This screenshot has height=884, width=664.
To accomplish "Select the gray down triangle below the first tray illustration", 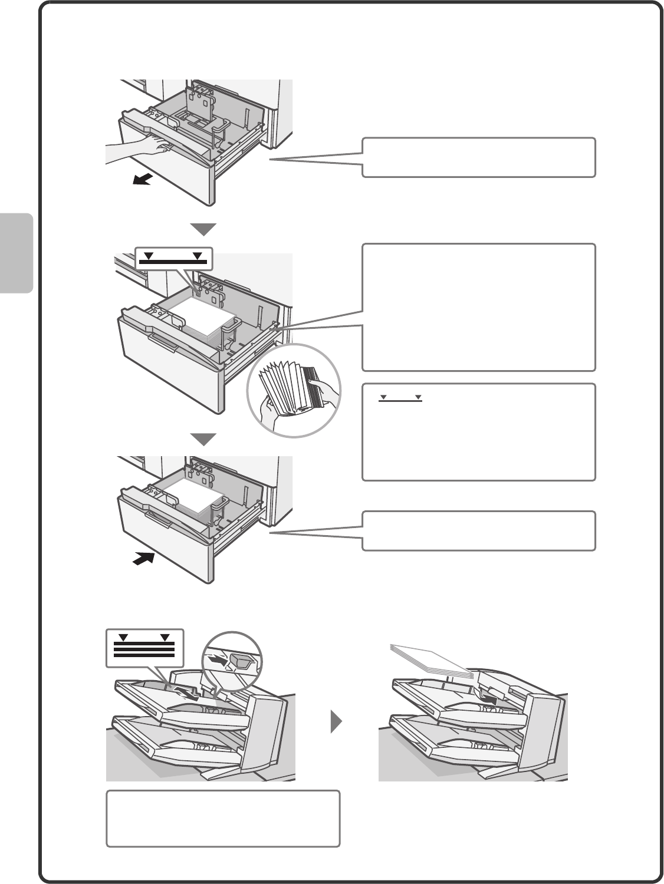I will [203, 229].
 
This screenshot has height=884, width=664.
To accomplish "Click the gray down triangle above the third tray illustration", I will [203, 440].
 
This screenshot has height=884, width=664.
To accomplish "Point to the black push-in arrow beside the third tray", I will [143, 559].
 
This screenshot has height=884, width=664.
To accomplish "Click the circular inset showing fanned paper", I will [294, 390].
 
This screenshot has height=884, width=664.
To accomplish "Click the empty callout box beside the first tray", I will [478, 157].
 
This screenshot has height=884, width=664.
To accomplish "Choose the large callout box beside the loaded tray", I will [478, 307].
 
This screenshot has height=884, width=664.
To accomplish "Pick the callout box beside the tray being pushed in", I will [478, 531].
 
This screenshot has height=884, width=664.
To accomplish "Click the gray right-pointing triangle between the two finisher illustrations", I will [337, 721].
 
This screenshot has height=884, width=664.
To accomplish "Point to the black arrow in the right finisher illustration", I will [489, 697].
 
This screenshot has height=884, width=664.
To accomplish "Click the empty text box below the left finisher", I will [223, 819].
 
